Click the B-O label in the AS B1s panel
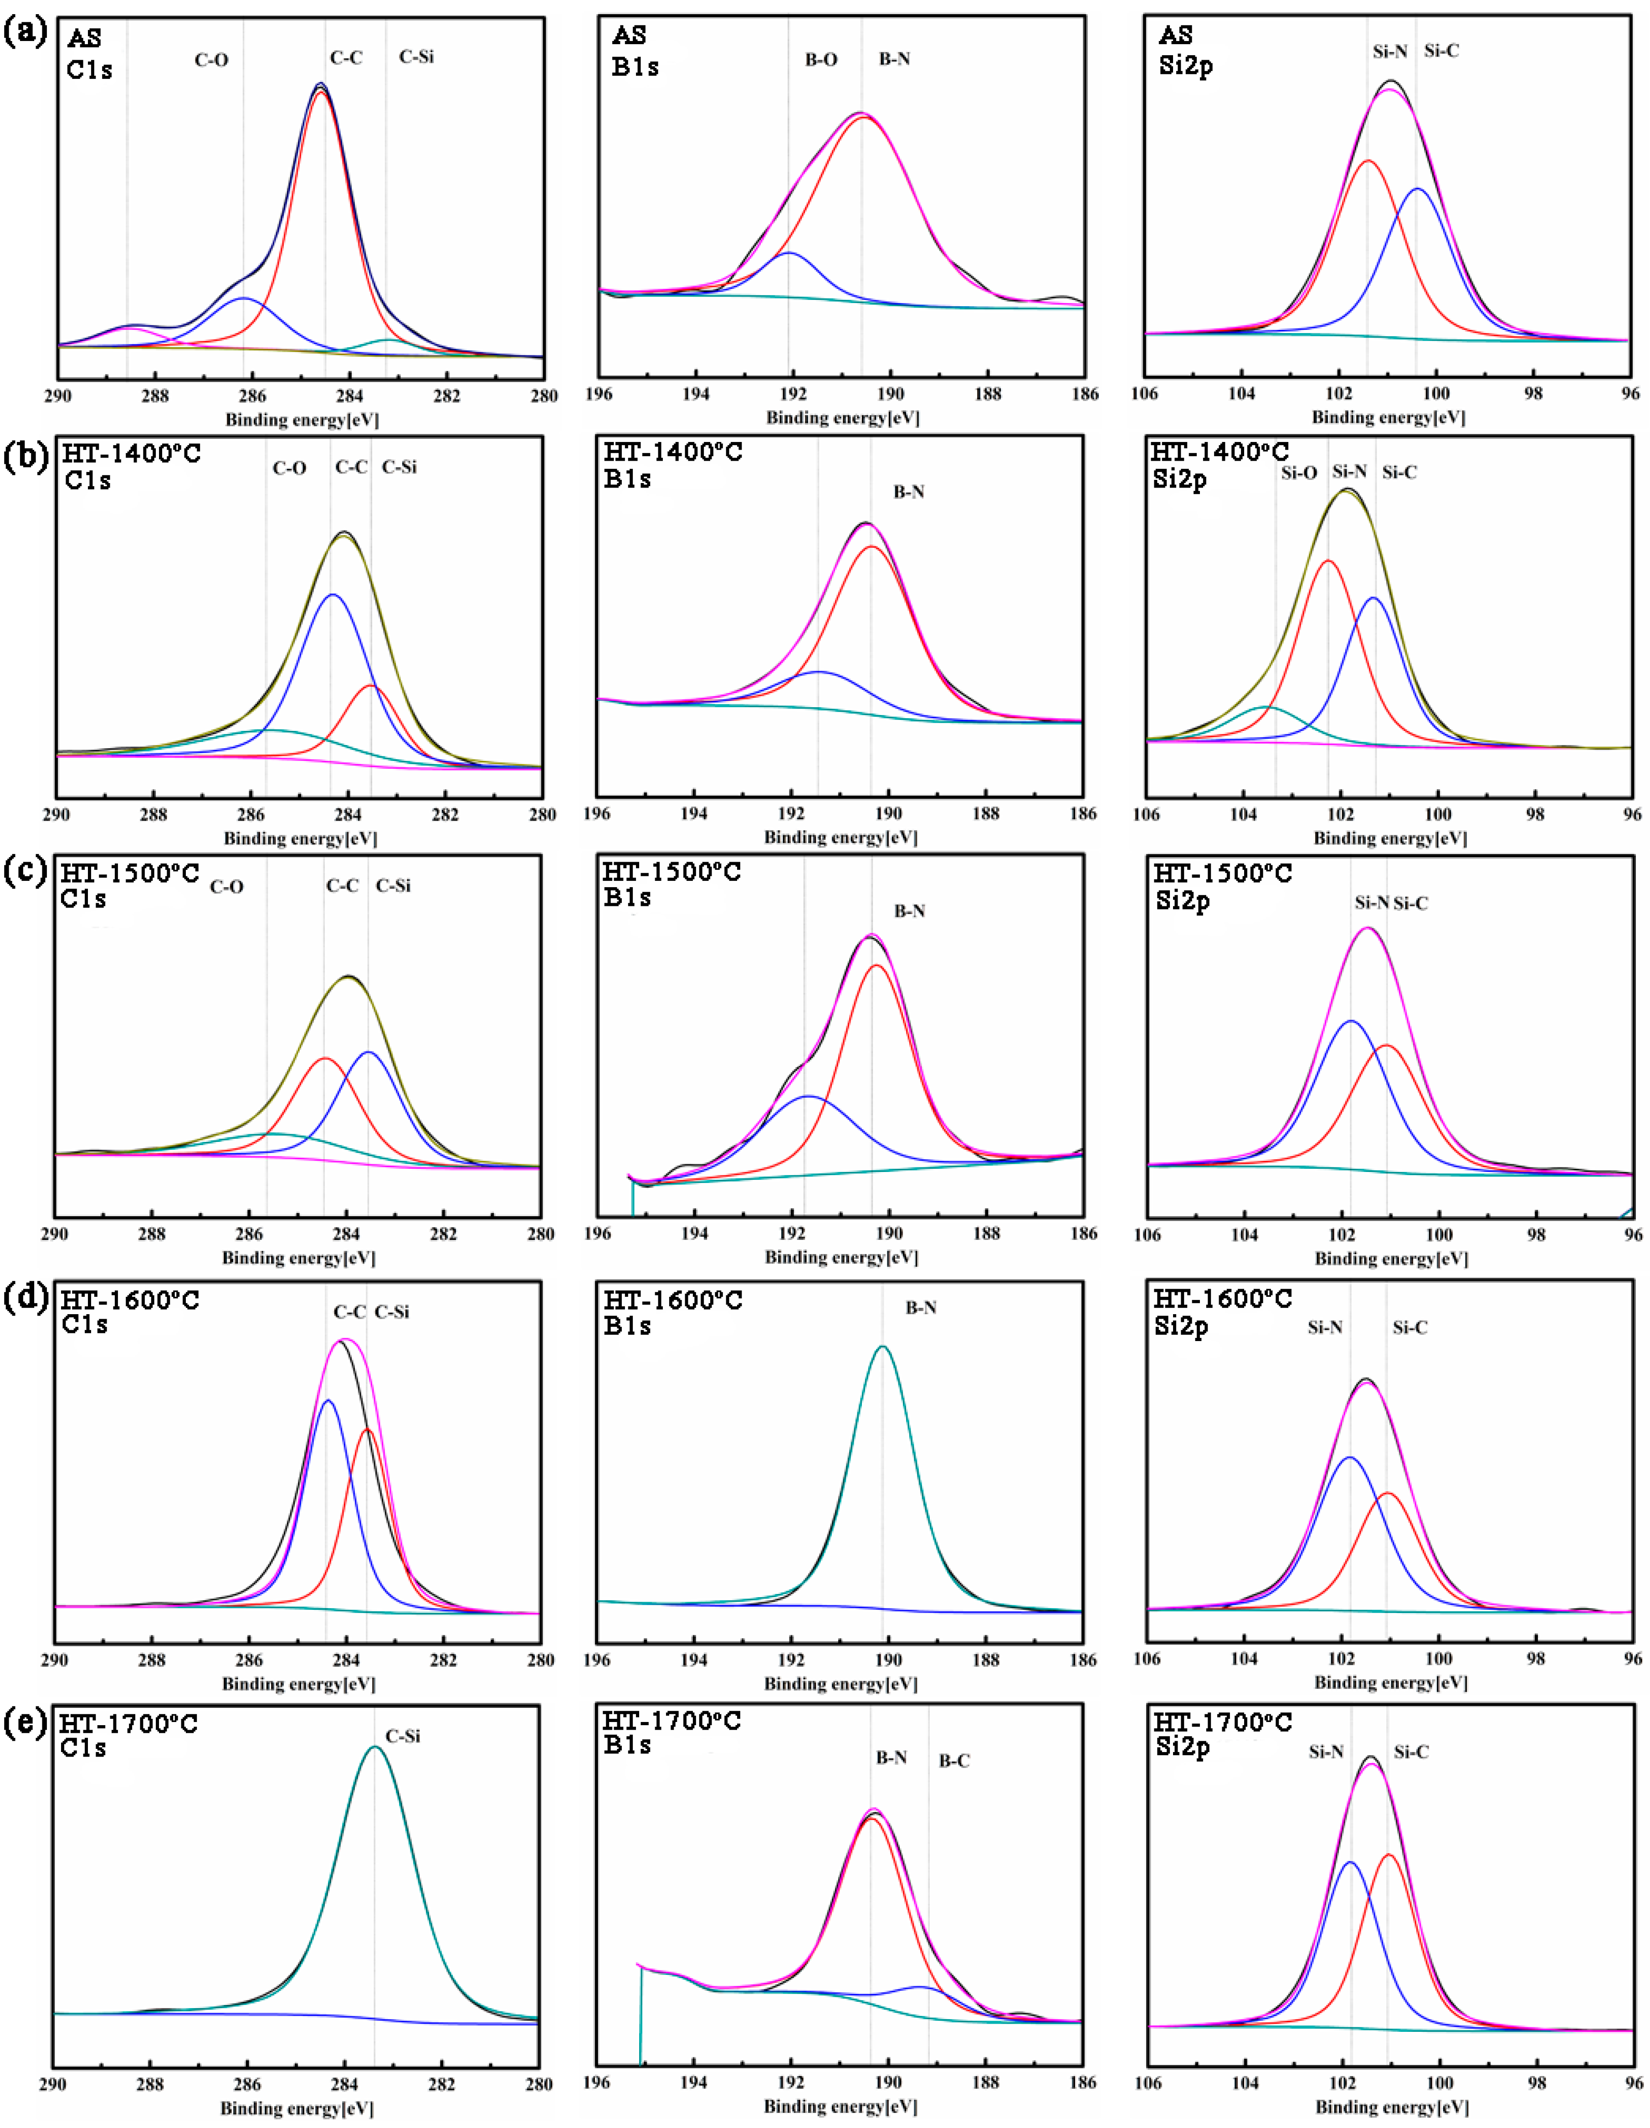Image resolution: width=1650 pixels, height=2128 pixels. tap(820, 59)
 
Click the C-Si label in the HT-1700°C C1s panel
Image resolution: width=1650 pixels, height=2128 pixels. tap(402, 1735)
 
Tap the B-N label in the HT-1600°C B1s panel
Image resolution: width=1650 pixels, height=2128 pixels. tap(921, 1308)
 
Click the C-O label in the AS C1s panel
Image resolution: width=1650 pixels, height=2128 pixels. tap(211, 61)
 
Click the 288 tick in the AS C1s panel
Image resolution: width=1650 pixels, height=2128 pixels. tap(155, 396)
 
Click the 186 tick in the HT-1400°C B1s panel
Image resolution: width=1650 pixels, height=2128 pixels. tap(1082, 813)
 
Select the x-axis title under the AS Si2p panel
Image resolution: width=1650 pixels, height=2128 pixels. tap(1388, 417)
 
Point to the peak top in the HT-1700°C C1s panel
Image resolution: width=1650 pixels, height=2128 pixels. tap(374, 1747)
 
